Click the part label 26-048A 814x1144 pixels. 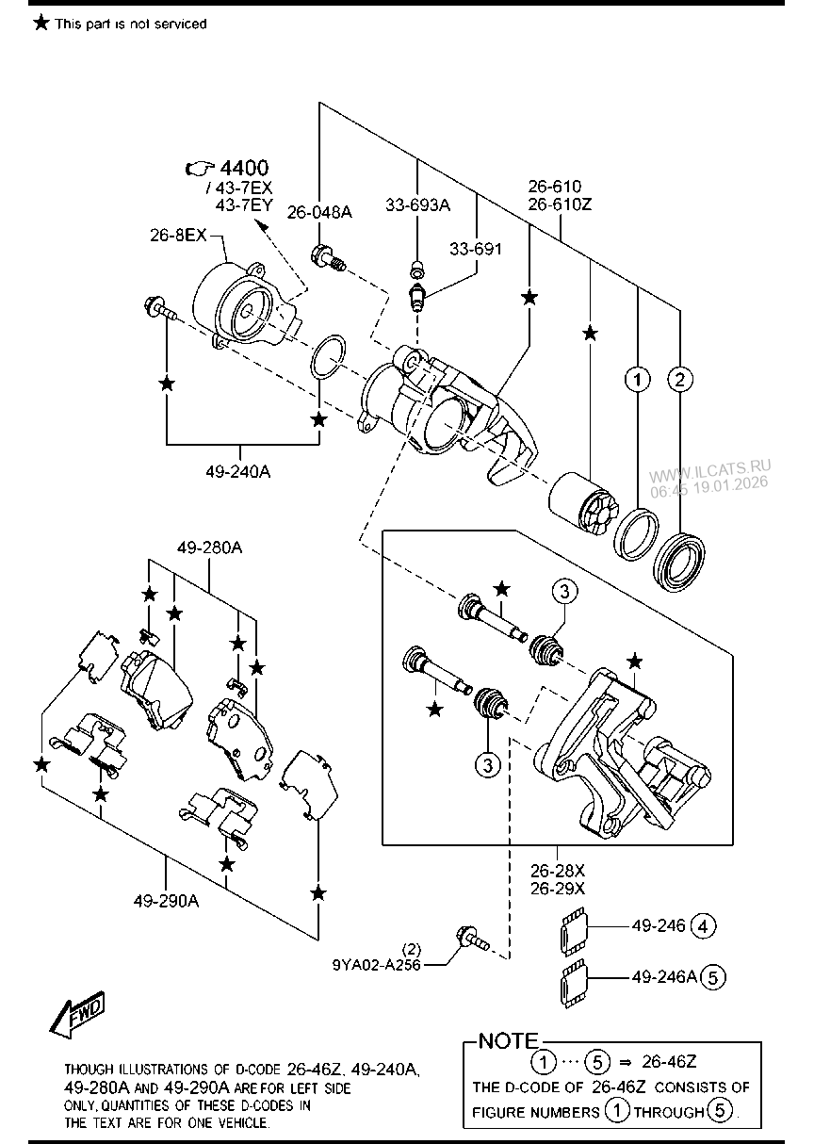tap(319, 212)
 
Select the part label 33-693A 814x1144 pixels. tap(417, 204)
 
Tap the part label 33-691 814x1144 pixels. tap(476, 249)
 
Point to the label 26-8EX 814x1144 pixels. tap(178, 235)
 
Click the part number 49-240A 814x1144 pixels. tap(238, 471)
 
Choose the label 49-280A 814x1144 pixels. tap(209, 548)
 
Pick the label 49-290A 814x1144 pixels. tap(166, 902)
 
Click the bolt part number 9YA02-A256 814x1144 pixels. tap(376, 965)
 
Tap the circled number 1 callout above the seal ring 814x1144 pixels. tap(637, 380)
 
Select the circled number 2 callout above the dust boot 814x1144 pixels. tap(679, 380)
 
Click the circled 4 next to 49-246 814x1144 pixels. tap(703, 926)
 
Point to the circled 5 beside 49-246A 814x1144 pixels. tap(713, 977)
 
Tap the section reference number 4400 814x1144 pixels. tap(244, 168)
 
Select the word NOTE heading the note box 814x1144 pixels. tap(509, 1041)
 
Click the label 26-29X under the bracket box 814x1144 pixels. tap(558, 889)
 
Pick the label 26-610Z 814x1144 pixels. tap(560, 204)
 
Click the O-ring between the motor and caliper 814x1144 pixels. tap(328, 357)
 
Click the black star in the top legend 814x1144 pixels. tap(41, 23)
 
